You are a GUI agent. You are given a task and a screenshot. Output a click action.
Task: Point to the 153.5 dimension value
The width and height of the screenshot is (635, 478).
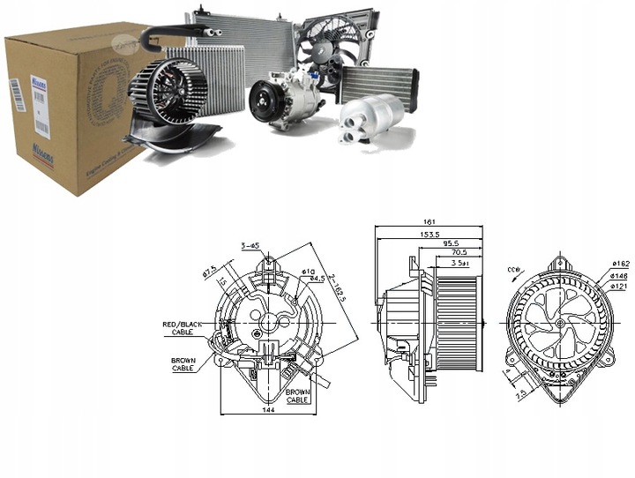429,235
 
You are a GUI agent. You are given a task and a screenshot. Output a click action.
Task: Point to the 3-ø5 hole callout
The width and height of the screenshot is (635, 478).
250,245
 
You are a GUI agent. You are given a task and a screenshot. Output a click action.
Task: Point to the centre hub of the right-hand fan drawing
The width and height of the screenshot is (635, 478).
560,323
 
